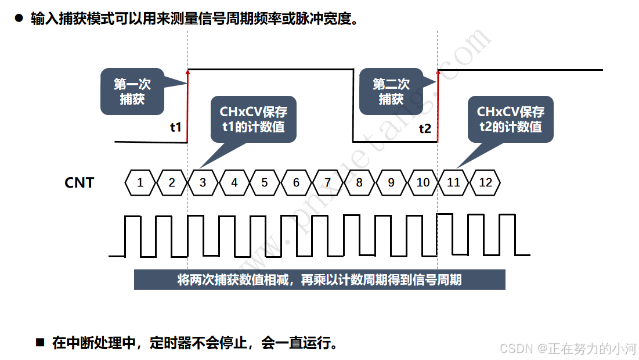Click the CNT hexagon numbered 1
coord(140,182)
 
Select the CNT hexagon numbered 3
coord(203,182)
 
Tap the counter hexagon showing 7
coord(328,182)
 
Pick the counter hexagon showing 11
coord(453,182)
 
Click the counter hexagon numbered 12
coord(485,182)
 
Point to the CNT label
coord(79,182)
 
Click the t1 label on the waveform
coord(175,127)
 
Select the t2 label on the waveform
coord(425,128)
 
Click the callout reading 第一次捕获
coord(132,91)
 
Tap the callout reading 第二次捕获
coord(391,91)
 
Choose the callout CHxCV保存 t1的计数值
coord(253,119)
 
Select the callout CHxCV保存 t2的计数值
coord(511,119)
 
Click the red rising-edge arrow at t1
coord(187,105)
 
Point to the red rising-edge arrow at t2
coord(438,105)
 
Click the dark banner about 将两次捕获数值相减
coord(319,279)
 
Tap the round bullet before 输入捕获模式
coord(19,19)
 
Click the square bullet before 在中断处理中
coord(40,342)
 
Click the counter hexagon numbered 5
coord(265,182)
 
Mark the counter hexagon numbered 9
coord(391,182)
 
